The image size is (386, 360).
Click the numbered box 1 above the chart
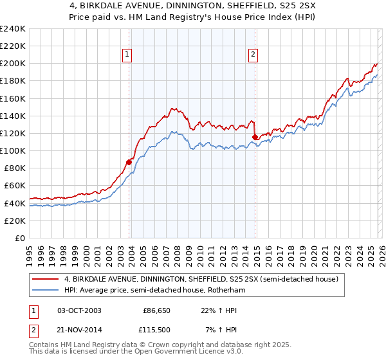pyautogui.click(x=127, y=55)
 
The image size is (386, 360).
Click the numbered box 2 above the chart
pyautogui.click(x=253, y=55)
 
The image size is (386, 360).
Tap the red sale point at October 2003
pyautogui.click(x=129, y=162)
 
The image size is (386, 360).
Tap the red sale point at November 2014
pyautogui.click(x=255, y=137)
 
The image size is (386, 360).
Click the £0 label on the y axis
pyautogui.click(x=19, y=238)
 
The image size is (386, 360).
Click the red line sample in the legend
pyautogui.click(x=46, y=279)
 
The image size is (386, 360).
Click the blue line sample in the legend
pyautogui.click(x=46, y=291)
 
